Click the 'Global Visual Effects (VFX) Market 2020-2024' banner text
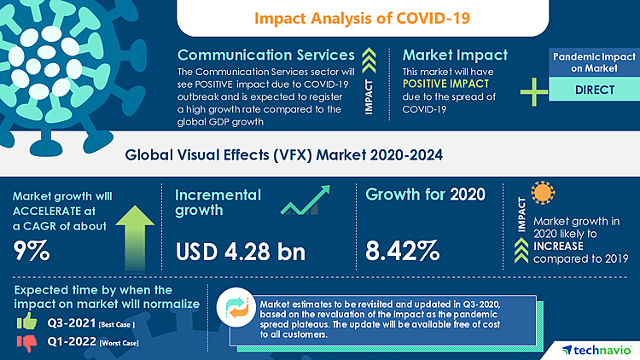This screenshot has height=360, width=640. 320,156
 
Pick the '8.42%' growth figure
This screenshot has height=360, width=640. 403,251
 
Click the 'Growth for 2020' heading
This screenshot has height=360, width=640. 425,194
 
